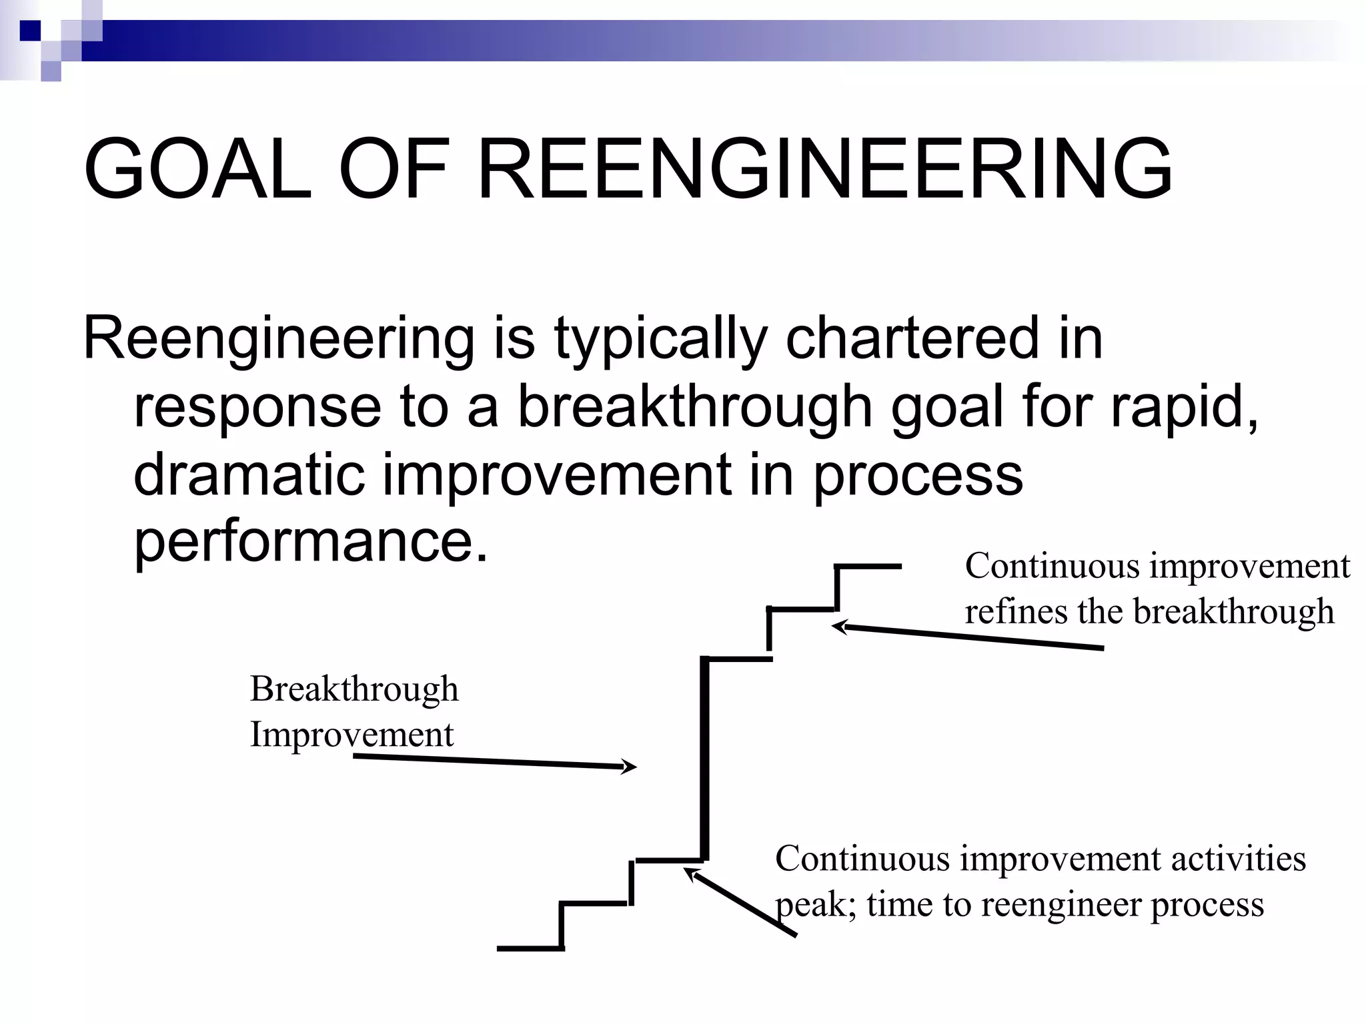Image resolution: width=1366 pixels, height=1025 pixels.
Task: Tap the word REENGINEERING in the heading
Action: pos(825,168)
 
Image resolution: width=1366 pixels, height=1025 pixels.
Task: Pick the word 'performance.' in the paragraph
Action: pos(311,542)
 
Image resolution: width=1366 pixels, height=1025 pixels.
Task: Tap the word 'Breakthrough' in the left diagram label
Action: pos(354,689)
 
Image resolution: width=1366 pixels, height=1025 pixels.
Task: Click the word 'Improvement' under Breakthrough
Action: pos(352,735)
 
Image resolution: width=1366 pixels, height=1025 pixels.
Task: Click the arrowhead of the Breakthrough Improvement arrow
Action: pos(630,767)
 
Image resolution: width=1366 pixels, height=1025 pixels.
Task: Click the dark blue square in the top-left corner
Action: pos(30,31)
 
